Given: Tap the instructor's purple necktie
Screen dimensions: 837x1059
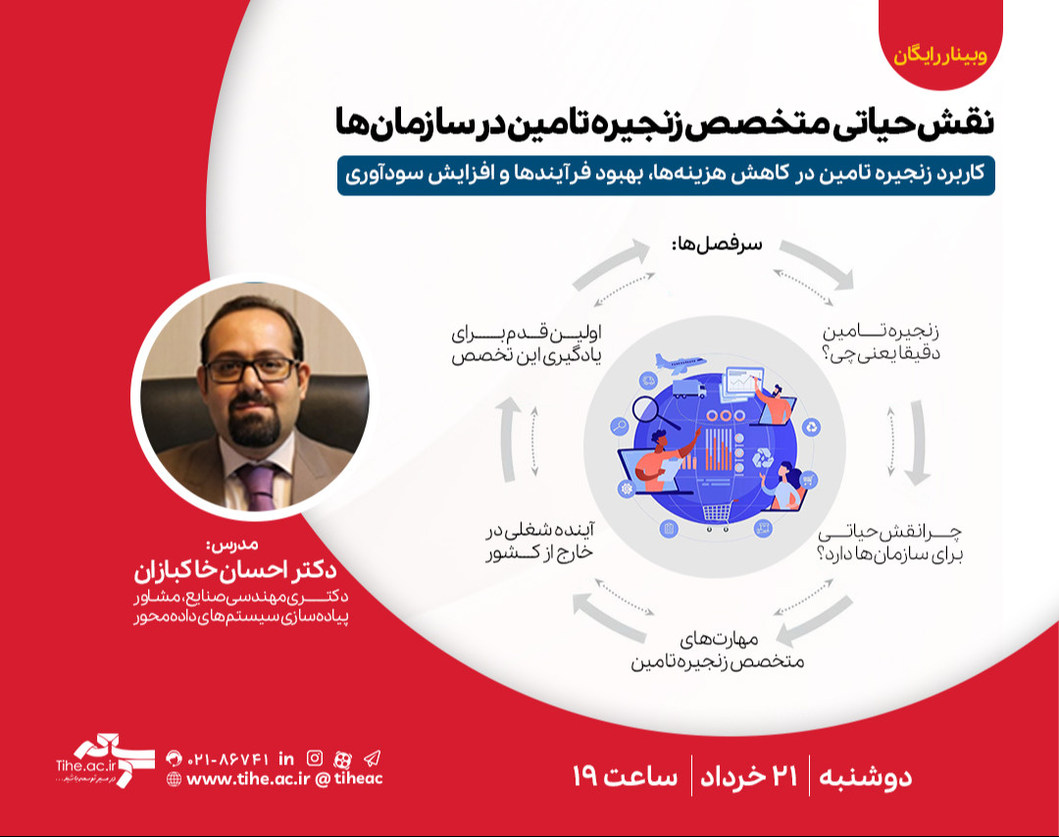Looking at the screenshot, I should tap(258, 485).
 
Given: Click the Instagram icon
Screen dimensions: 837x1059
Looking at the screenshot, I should tap(315, 758).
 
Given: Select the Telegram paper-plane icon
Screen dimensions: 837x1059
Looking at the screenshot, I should tap(372, 758).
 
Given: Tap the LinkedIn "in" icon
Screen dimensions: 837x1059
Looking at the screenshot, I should tap(286, 758).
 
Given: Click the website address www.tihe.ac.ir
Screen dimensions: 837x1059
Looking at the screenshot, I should tap(247, 779).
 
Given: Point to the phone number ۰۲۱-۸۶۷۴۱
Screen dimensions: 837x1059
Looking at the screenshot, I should tap(227, 758).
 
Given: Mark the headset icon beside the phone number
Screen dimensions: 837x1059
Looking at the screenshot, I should tap(175, 758).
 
